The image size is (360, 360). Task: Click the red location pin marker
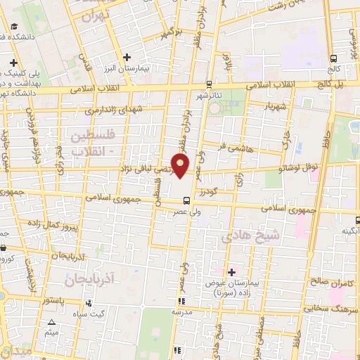tap(181, 165)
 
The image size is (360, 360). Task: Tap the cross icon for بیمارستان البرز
tap(127, 57)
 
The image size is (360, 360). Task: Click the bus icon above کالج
tap(333, 59)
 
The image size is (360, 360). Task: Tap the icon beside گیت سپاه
tap(89, 303)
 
